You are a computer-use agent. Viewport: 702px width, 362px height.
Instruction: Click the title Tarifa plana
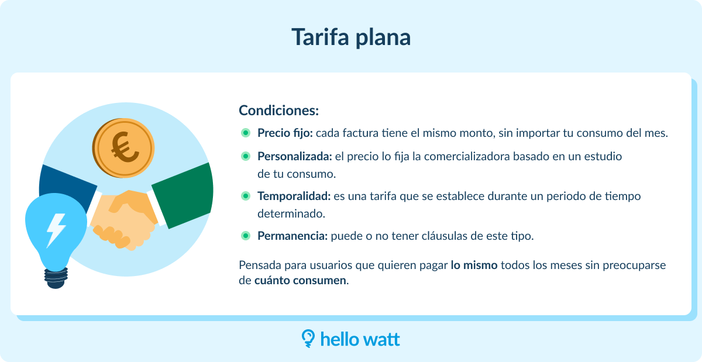click(351, 37)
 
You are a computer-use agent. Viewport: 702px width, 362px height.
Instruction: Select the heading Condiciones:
click(278, 111)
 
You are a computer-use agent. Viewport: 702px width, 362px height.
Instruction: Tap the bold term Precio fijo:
click(285, 133)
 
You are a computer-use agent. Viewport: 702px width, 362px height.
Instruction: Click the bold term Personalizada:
click(295, 156)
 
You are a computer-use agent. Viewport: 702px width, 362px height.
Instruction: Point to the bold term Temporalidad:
click(294, 196)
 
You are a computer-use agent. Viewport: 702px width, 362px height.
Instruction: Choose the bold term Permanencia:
click(292, 236)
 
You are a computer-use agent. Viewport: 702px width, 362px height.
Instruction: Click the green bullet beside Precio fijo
click(246, 133)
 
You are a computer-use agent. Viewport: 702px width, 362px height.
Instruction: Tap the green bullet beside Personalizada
click(246, 156)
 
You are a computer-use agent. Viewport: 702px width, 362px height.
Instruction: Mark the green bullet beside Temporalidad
click(246, 196)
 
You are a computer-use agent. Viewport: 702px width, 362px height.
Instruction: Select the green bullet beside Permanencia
click(246, 236)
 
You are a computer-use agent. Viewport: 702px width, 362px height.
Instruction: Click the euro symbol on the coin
click(125, 147)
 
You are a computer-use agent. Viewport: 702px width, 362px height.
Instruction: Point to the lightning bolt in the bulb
click(56, 230)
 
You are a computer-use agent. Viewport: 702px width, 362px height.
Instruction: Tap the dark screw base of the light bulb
click(56, 278)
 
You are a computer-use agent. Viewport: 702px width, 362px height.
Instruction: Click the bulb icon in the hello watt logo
click(308, 339)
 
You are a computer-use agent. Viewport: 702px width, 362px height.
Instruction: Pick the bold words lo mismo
click(474, 265)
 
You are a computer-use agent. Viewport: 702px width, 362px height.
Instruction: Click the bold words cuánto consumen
click(300, 280)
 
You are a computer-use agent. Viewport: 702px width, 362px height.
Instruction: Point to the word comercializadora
click(467, 156)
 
